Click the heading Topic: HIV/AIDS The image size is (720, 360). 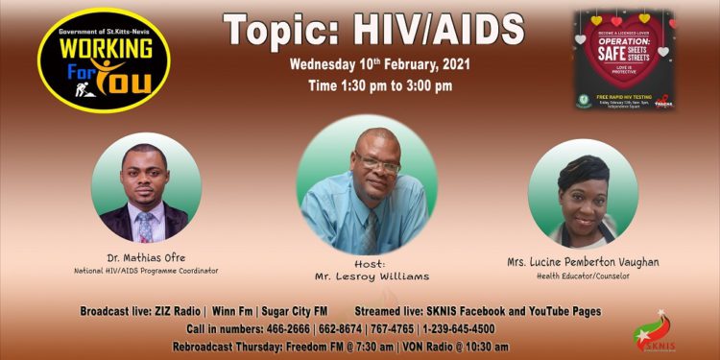pos(374,31)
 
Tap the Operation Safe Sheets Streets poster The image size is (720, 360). pos(624,60)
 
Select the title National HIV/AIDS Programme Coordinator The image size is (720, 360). pos(146,271)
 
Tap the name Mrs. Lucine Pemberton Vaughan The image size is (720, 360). pos(583,262)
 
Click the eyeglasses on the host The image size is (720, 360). pos(378,164)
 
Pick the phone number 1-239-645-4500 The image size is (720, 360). pos(459,328)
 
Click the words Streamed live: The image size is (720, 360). pos(395,312)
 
